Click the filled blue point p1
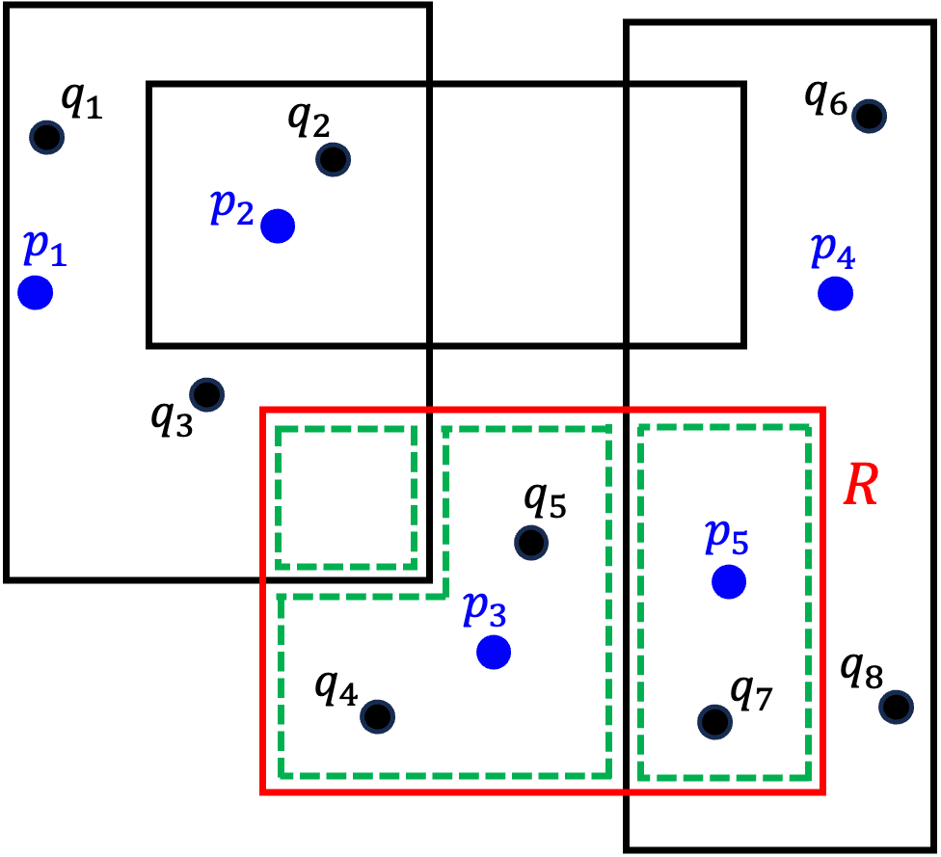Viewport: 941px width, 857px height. (35, 292)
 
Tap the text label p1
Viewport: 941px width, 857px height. (44, 249)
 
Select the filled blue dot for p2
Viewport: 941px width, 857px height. (278, 226)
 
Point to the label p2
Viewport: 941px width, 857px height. (232, 206)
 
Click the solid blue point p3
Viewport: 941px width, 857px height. (494, 652)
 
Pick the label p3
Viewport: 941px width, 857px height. (484, 608)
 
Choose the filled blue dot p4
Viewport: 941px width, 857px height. (835, 293)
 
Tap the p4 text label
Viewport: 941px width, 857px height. (833, 251)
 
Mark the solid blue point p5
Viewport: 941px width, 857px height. (729, 581)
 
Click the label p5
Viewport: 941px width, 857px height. (726, 536)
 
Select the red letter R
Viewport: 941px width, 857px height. (860, 485)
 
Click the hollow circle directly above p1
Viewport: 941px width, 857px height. (46, 137)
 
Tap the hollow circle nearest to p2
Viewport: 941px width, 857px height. (333, 159)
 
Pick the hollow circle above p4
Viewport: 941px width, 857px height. (869, 116)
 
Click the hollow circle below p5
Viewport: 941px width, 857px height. (714, 721)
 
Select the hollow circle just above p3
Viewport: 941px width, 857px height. (531, 543)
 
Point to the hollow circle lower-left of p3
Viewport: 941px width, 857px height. (377, 716)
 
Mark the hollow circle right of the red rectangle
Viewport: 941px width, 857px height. (896, 707)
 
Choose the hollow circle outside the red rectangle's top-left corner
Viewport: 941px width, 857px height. (206, 394)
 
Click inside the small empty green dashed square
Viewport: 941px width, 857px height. (345, 497)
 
